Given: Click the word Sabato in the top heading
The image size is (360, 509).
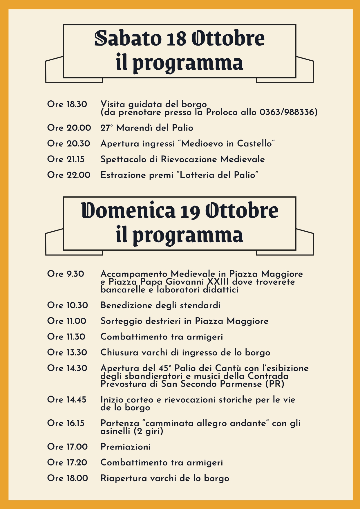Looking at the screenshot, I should point(128,38).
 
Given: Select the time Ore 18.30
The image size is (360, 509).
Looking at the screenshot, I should point(67,104).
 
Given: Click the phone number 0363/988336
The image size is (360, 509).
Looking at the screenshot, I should point(288,112).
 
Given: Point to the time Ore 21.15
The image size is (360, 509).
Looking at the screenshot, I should point(66,159).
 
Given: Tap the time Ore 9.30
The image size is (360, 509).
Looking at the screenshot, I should point(66,274).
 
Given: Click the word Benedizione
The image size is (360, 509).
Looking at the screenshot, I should point(126,305).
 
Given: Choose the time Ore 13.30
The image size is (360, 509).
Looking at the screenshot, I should point(67,352).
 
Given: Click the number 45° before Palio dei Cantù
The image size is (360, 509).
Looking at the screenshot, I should point(166,368).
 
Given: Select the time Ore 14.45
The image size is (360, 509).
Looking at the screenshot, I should point(67,400).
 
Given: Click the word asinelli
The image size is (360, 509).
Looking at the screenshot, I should point(115,431).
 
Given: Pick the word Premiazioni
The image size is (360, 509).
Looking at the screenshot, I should point(126,447).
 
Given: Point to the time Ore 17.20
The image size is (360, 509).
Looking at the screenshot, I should point(67,462).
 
